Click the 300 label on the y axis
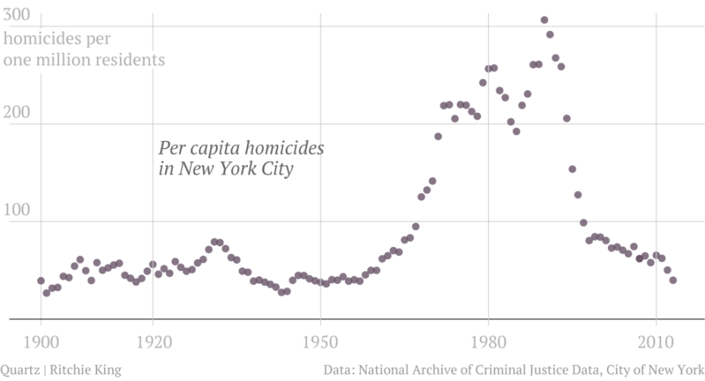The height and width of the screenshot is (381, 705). pyautogui.click(x=17, y=15)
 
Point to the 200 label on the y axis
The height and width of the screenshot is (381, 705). pyautogui.click(x=17, y=113)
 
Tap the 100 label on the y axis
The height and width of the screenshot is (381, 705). pyautogui.click(x=17, y=211)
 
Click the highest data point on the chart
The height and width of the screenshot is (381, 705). pyautogui.click(x=544, y=20)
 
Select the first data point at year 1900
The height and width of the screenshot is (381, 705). pyautogui.click(x=41, y=281)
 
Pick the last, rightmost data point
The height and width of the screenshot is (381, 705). pyautogui.click(x=672, y=280)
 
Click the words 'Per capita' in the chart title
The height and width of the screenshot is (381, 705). pyautogui.click(x=196, y=148)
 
